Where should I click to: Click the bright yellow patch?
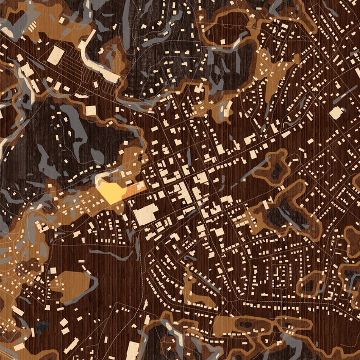click(112, 191)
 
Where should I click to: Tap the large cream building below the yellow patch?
click(146, 214)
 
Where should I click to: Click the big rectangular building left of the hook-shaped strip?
click(56, 55)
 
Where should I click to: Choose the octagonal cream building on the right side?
click(336, 112)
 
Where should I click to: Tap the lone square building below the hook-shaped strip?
click(91, 110)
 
